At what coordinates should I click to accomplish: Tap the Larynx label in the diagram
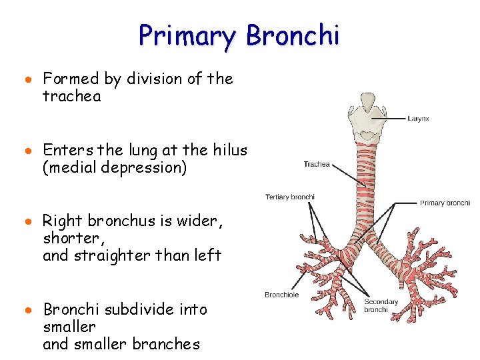coord(418,119)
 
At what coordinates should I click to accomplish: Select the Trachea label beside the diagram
coord(317,165)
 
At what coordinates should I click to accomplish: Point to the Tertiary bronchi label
coord(290,197)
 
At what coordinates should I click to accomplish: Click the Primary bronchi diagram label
coord(445,203)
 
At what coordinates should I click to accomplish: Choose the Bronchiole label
coord(281,295)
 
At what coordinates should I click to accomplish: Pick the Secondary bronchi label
coord(381,306)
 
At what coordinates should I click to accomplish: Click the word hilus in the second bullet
coord(230,151)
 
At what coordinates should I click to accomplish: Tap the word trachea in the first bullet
coord(71,97)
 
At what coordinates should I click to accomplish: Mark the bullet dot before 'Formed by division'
coord(31,79)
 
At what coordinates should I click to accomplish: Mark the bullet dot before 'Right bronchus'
coord(31,221)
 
